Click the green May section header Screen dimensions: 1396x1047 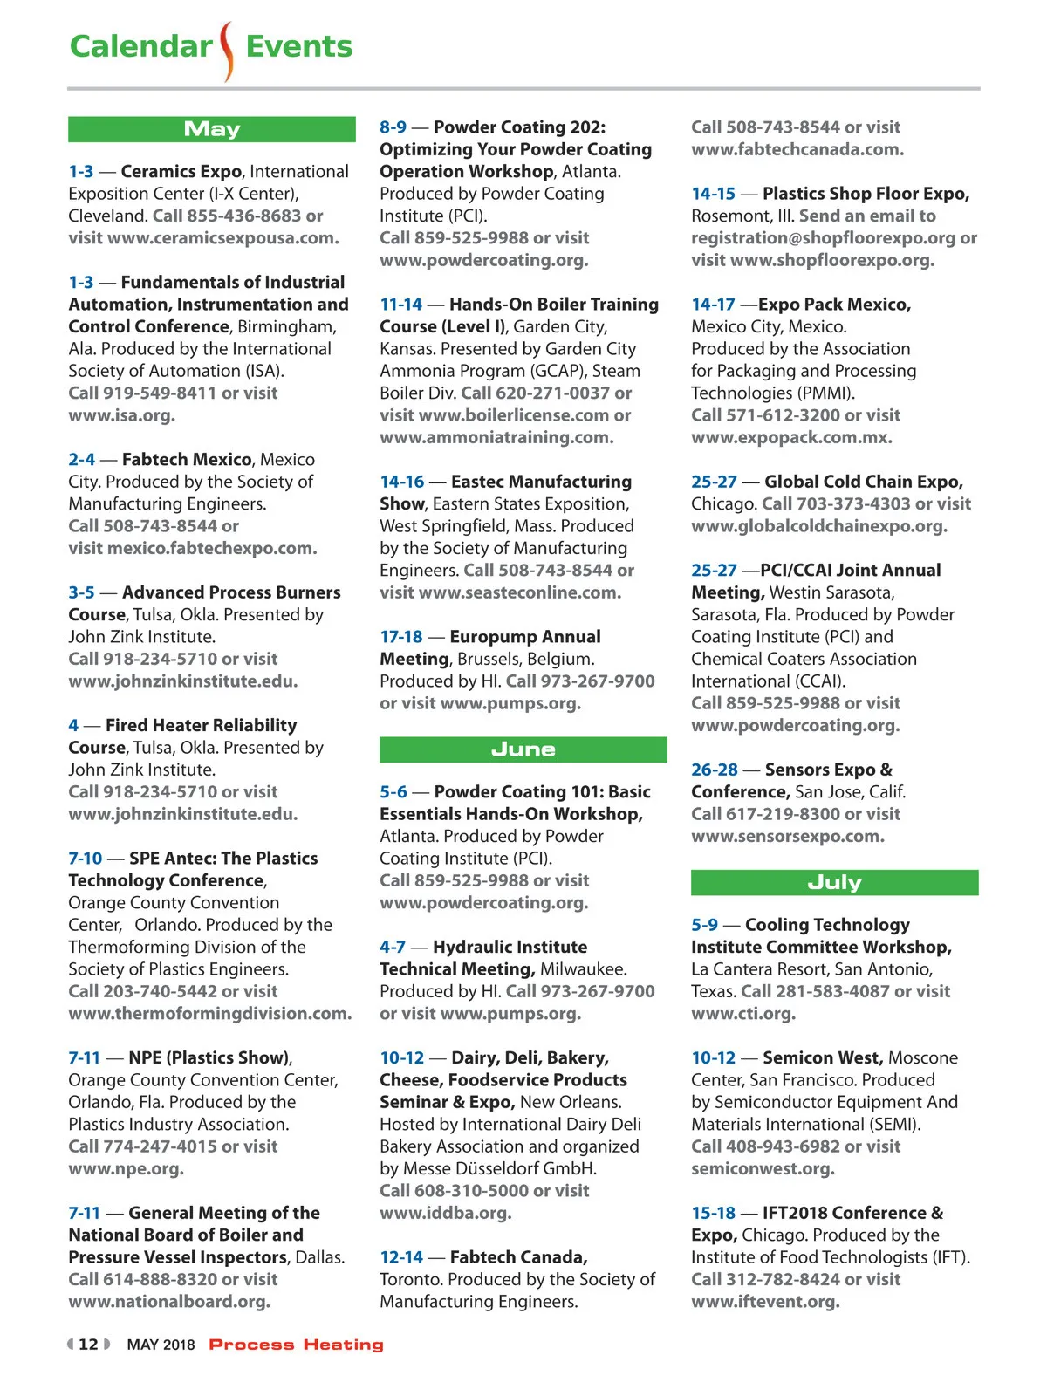[212, 129]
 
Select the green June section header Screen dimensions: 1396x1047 [523, 749]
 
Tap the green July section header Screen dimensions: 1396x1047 [834, 882]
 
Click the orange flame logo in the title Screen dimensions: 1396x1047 [228, 51]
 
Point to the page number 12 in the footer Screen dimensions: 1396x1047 [88, 1345]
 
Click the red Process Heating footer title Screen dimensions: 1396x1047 [296, 1345]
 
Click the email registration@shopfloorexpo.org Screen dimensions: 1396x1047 [823, 238]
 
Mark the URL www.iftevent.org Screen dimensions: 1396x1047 [764, 1301]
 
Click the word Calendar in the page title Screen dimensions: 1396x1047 [140, 46]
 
